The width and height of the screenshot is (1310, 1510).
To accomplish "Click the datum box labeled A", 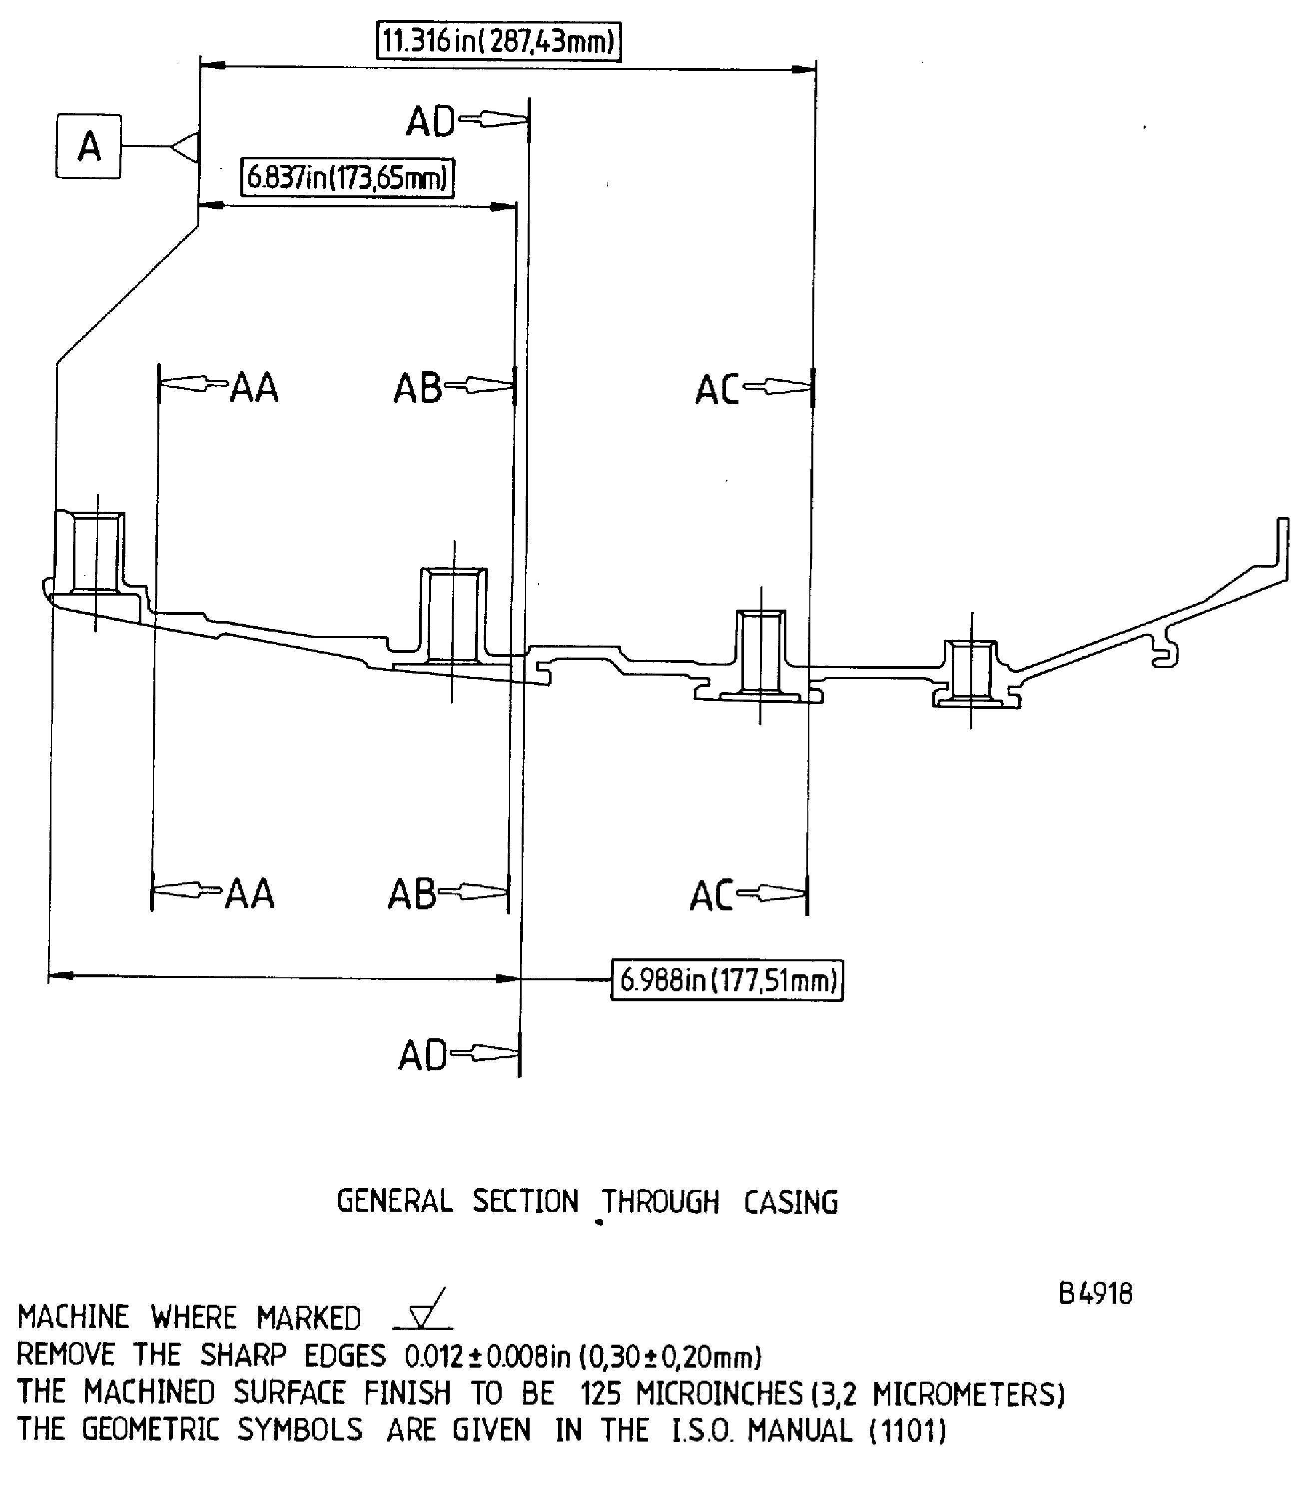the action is point(88,146).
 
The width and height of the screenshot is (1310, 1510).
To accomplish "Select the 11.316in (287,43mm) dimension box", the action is point(499,41).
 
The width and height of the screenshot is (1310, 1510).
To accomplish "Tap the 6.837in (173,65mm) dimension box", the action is point(348,178).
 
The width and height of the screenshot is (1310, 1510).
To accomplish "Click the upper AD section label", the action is point(431,121).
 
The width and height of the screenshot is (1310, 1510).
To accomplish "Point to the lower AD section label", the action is point(423,1055).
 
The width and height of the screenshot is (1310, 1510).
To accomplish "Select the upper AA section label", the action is point(254,388).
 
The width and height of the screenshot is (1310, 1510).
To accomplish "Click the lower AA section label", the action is point(250,893).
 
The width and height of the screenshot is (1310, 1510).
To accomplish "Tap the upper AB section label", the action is point(417,388).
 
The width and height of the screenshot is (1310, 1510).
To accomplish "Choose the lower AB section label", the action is point(412,894).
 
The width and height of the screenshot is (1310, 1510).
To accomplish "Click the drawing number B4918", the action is point(1096,1294).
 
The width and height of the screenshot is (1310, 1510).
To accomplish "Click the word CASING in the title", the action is point(791,1203).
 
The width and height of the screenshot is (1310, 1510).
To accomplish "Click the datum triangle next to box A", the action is point(186,146).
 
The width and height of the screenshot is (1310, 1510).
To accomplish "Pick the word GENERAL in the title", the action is point(395,1201).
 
